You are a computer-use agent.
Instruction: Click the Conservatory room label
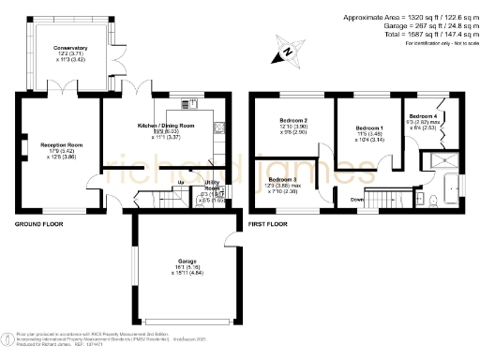pyautogui.click(x=70, y=47)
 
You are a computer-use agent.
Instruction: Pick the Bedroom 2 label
pyautogui.click(x=293, y=121)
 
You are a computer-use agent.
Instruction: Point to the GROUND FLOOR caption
pyautogui.click(x=37, y=225)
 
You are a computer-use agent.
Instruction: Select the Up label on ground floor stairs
pyautogui.click(x=180, y=184)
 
